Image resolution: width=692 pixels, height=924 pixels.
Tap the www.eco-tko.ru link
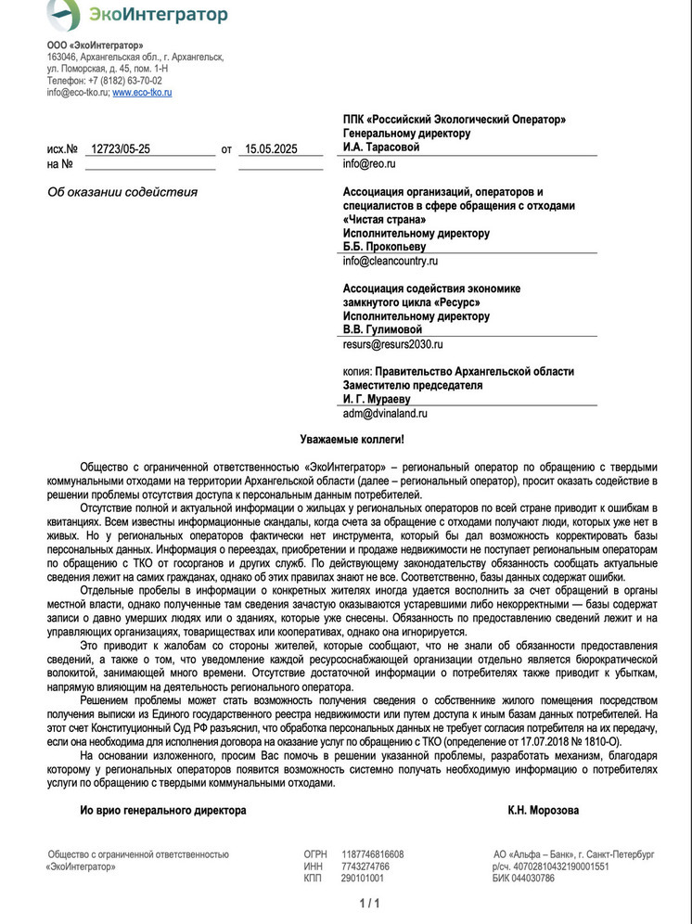(x=142, y=93)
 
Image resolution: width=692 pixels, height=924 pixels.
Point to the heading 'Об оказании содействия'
(x=122, y=192)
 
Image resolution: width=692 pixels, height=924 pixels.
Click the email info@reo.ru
(x=369, y=163)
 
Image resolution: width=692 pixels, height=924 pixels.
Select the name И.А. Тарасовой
(x=381, y=147)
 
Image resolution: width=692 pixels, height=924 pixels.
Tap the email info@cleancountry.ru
(x=391, y=262)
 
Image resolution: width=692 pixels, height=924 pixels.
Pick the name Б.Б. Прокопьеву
(x=385, y=247)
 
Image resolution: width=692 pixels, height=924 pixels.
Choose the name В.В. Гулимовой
(x=382, y=329)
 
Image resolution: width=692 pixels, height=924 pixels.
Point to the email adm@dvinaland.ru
(x=385, y=414)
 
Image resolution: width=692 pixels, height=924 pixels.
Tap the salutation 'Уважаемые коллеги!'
(x=352, y=438)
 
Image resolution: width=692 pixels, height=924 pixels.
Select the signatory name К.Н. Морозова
(x=543, y=810)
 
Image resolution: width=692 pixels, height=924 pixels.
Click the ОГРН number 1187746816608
(x=373, y=854)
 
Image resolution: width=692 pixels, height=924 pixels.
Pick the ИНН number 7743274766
(x=365, y=866)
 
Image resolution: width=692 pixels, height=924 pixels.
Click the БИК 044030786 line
(x=524, y=878)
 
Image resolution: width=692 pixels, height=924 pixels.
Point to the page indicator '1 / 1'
(x=369, y=903)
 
